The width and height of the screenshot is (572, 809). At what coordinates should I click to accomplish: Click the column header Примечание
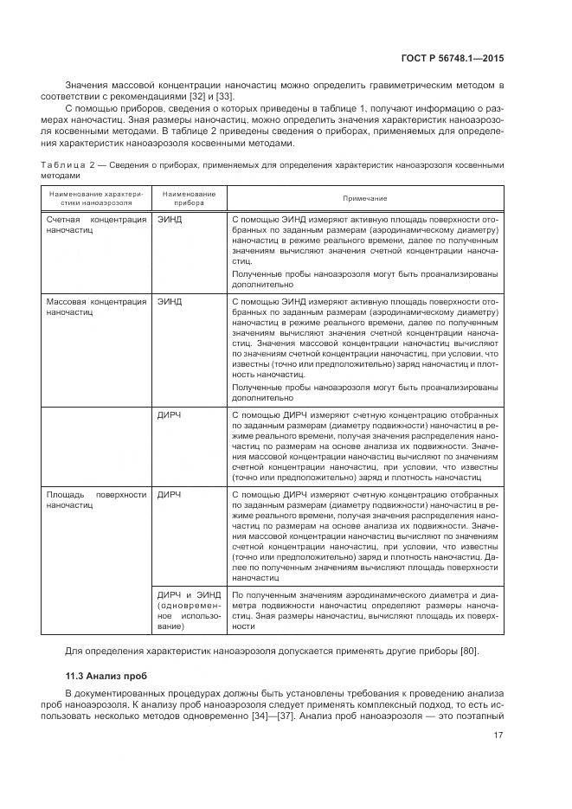(364, 198)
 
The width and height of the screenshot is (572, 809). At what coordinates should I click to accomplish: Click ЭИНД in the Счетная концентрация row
(170, 220)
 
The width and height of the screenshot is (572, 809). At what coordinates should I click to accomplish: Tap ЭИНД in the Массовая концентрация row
(170, 302)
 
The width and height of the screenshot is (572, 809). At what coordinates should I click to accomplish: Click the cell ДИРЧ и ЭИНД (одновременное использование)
(188, 612)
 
